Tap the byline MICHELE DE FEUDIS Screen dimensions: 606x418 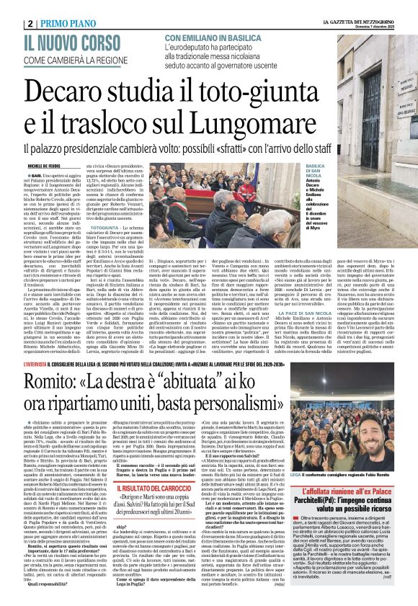click(26, 165)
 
